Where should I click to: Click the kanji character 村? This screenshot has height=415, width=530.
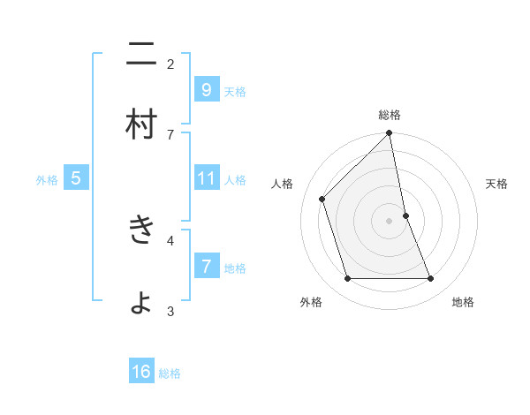coord(141,124)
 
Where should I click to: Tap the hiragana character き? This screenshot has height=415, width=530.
coord(141,230)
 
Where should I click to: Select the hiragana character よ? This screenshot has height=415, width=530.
coord(141,302)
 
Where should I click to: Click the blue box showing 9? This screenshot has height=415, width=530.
coord(206,89)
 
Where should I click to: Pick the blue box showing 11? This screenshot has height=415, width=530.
coord(206,178)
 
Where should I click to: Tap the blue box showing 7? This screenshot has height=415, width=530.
coord(206,266)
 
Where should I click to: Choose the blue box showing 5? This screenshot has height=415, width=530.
coord(76,178)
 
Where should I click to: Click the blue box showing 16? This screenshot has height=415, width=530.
coord(141,372)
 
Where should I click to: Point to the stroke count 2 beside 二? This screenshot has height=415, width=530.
coord(170,64)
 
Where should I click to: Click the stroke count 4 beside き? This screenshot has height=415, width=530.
coord(170,239)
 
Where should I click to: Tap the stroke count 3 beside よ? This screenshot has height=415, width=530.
coord(170,311)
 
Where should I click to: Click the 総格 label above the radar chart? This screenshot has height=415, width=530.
coord(390,115)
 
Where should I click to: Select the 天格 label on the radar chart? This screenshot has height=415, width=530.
coord(496,184)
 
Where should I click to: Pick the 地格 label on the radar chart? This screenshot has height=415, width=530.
coord(463,302)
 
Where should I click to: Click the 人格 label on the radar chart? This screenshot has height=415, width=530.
coord(283,184)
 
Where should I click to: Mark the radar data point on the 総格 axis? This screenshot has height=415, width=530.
coord(390,133)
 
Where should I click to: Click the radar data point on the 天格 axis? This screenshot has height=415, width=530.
coord(405,215)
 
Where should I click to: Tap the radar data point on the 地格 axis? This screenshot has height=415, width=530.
coord(431,279)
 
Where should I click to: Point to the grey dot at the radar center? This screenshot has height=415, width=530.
coord(390,221)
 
